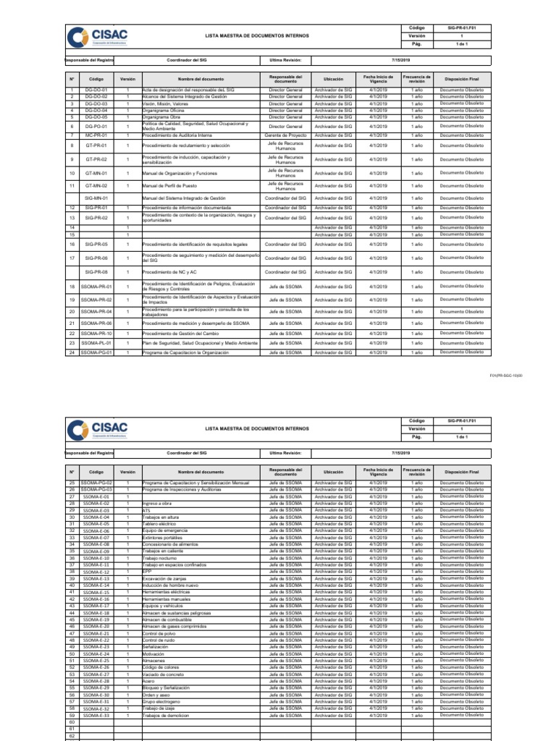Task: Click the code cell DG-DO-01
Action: [96, 90]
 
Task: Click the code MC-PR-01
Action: [96, 135]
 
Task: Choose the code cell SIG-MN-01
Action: [96, 198]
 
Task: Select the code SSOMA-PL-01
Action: [96, 343]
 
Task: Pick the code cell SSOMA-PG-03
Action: [96, 489]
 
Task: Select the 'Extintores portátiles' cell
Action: [163, 538]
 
